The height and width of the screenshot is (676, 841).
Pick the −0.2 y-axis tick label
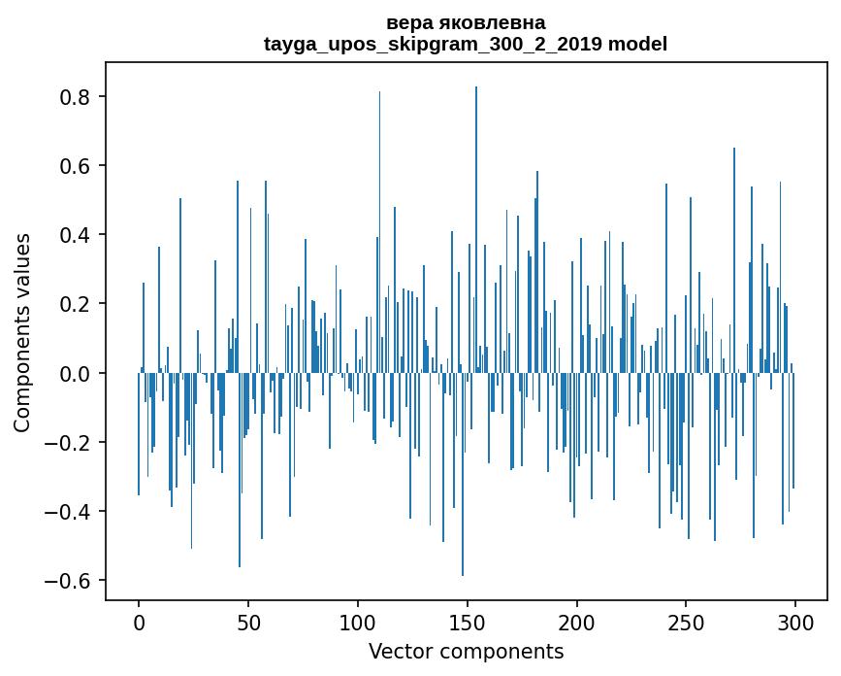coord(69,442)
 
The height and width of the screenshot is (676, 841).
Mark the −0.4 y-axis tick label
coord(69,511)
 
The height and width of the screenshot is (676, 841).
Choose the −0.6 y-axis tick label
coord(69,581)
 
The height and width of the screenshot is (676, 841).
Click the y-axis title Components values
coord(22,332)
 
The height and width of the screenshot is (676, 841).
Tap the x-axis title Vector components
coord(466,651)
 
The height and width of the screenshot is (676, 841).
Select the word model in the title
coord(637,44)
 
